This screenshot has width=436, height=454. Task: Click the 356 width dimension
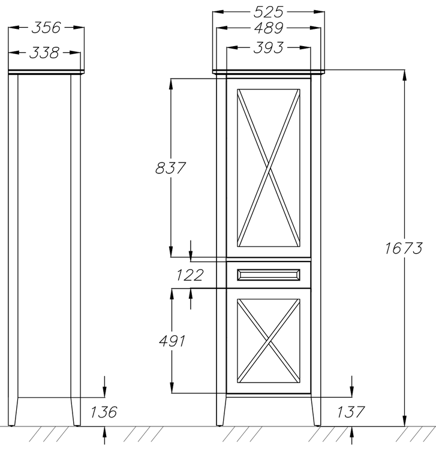click(46, 28)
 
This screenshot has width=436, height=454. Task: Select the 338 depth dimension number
click(44, 53)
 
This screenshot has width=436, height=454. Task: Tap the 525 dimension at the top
click(268, 12)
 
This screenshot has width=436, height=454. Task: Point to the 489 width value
click(269, 28)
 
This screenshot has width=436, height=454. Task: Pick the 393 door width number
click(268, 48)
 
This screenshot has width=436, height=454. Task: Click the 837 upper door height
click(170, 168)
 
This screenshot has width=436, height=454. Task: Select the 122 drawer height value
click(190, 275)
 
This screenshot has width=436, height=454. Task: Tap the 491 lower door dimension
click(172, 341)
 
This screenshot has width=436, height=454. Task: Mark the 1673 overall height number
click(404, 248)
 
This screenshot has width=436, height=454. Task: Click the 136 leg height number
click(104, 412)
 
